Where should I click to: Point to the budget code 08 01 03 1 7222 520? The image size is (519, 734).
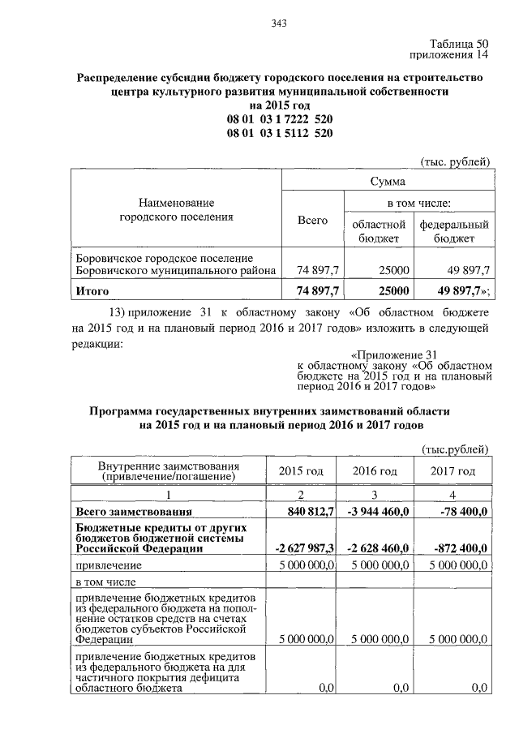point(280,120)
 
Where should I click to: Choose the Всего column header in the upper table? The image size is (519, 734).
point(312,220)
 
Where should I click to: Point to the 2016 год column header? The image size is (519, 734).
point(375,471)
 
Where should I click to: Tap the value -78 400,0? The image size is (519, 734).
point(459,512)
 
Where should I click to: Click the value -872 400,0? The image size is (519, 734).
point(457,549)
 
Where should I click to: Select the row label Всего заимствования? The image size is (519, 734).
point(134,512)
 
